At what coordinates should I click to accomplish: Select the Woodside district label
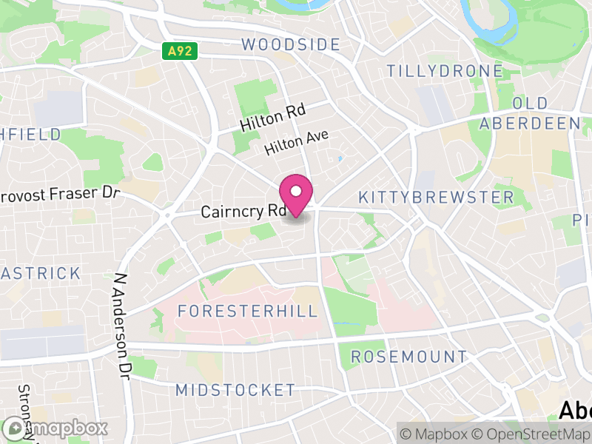click(x=291, y=44)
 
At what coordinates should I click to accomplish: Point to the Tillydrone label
click(x=445, y=71)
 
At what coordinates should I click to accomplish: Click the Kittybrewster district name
click(x=435, y=198)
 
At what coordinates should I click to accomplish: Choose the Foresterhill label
click(x=248, y=311)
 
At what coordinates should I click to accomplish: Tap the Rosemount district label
click(x=408, y=357)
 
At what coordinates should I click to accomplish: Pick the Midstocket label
click(x=235, y=390)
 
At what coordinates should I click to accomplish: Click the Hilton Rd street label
click(x=273, y=118)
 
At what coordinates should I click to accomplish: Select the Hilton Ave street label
click(x=296, y=143)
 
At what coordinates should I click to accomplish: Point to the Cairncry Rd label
click(x=243, y=212)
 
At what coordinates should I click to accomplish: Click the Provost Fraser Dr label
click(x=60, y=194)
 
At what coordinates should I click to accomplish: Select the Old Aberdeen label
click(x=530, y=113)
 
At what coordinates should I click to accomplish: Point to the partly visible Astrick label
click(x=40, y=273)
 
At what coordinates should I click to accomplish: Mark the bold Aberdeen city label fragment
click(x=575, y=410)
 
